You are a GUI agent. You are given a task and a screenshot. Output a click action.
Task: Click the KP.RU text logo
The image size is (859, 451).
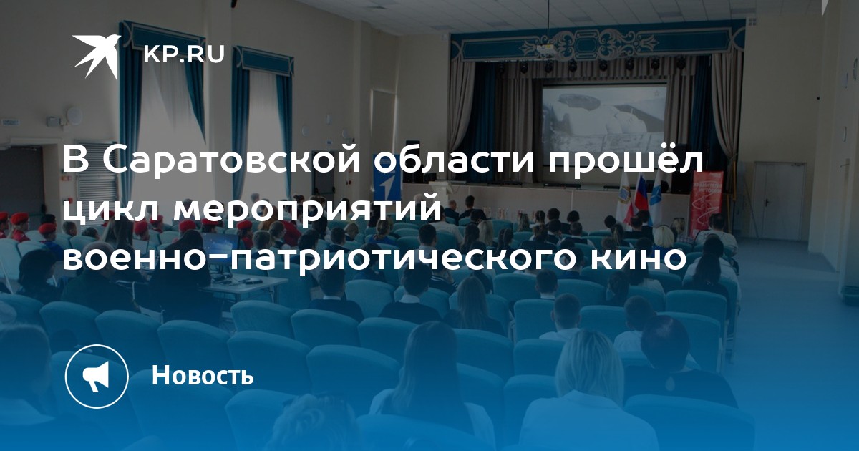(184, 54)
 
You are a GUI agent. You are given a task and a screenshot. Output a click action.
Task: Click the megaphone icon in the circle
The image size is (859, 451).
(96, 377)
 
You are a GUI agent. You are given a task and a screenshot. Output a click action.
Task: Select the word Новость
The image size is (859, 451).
(203, 374)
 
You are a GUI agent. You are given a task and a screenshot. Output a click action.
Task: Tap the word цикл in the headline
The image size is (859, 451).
(112, 210)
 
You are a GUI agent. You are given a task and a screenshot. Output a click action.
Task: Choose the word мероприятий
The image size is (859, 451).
(308, 210)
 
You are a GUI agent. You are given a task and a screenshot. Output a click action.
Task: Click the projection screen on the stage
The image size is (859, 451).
(603, 118)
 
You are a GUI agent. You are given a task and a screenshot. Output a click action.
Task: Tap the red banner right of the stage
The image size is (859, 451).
(707, 203)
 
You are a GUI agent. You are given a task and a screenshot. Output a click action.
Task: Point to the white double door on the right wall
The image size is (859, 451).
(778, 201)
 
